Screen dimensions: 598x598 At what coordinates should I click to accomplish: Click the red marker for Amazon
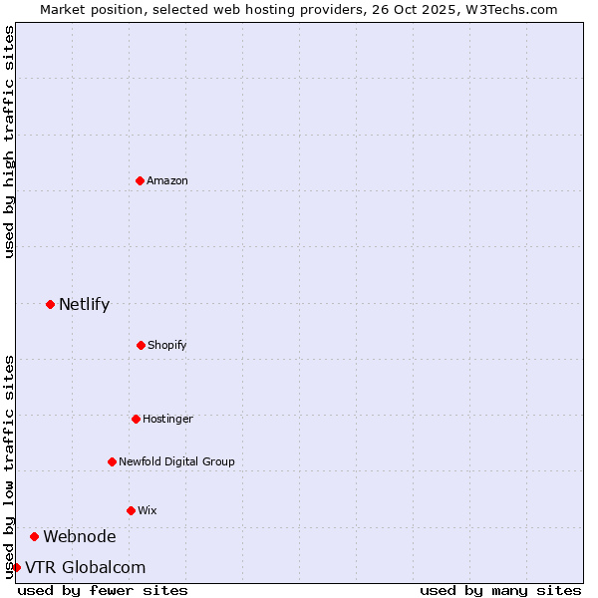140,180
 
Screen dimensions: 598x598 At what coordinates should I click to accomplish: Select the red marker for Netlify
50,304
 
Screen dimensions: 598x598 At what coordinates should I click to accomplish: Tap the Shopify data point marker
141,345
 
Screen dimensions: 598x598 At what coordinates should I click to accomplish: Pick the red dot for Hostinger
136,419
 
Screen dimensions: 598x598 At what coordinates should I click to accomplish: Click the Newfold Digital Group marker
112,461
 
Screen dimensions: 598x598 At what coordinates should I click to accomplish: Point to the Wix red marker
131,510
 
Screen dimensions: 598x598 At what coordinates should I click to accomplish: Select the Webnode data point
34,536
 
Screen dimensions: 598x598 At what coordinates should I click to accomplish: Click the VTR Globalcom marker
16,567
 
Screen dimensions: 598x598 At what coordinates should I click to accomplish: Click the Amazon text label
167,180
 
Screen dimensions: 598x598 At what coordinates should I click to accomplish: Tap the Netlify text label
84,304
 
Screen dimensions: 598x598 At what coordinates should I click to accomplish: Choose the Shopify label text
167,345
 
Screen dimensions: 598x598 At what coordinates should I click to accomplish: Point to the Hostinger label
167,419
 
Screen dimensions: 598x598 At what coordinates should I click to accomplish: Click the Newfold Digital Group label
176,461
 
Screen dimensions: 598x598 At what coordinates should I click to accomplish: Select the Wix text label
148,510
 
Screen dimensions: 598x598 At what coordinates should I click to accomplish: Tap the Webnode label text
79,536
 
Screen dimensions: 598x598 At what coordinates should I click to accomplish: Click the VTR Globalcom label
85,567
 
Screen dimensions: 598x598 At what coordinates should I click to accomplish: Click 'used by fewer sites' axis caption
103,590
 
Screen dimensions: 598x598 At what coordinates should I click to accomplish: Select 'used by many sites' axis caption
500,590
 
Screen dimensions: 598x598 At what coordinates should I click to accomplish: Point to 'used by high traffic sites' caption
9,142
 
